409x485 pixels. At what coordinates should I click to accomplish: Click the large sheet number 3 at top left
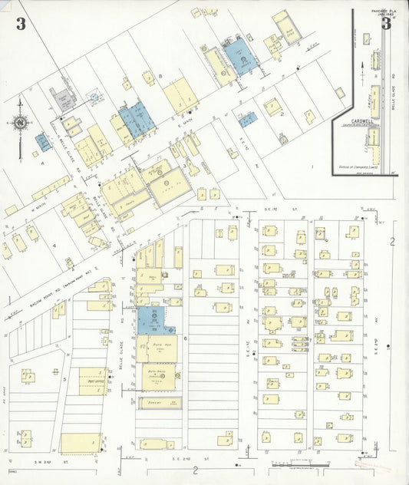coord(20,24)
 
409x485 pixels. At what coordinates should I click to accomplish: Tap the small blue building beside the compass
coord(43,142)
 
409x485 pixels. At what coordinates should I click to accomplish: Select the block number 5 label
coord(64,379)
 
